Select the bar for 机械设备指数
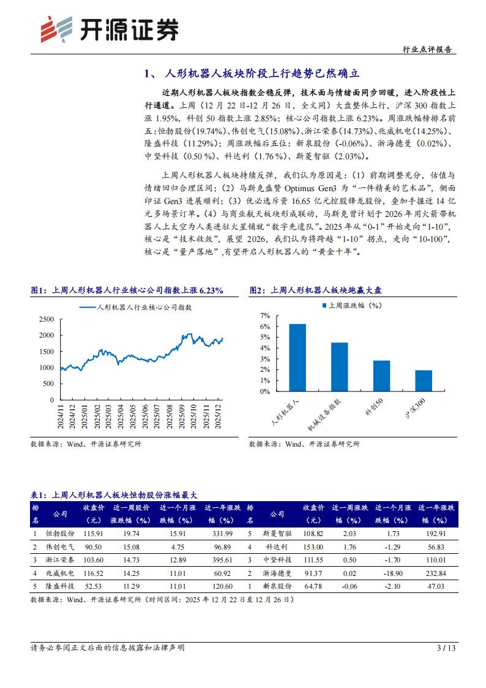(339, 371)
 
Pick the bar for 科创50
(381, 380)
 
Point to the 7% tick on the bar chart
(264, 316)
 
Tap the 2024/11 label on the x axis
(61, 417)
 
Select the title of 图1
(127, 290)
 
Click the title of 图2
(320, 290)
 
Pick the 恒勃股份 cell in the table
(61, 534)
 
